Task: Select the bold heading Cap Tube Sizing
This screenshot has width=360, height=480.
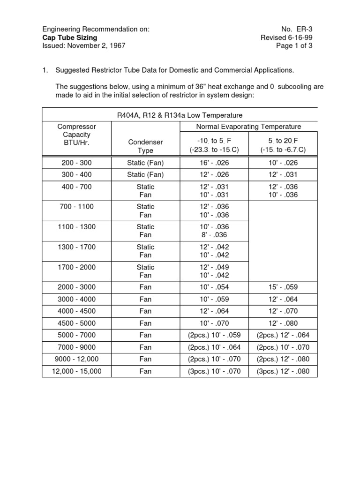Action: pyautogui.click(x=70, y=37)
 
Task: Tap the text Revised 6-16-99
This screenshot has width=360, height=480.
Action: pyautogui.click(x=287, y=37)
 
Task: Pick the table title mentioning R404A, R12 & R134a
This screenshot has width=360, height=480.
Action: pyautogui.click(x=180, y=115)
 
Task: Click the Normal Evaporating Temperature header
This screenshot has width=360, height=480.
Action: pyautogui.click(x=248, y=127)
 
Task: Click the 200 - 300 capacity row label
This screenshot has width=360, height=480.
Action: pyautogui.click(x=76, y=163)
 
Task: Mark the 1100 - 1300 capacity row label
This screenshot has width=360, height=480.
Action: pyautogui.click(x=76, y=227)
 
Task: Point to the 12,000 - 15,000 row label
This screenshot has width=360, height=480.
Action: pyautogui.click(x=76, y=371)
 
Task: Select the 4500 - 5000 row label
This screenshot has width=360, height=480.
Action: pyautogui.click(x=76, y=323)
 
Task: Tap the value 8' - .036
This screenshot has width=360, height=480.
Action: pyautogui.click(x=214, y=235)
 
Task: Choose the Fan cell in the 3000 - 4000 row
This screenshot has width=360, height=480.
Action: pyautogui.click(x=145, y=299)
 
